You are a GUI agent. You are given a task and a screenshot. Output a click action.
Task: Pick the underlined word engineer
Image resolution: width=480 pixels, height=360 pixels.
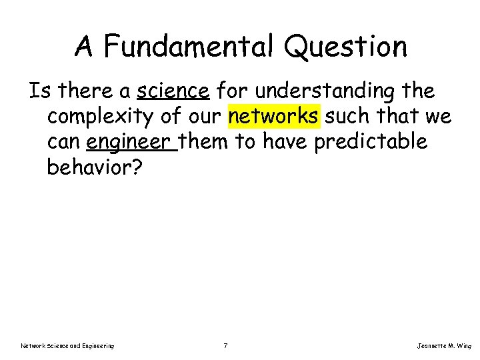[x=131, y=141]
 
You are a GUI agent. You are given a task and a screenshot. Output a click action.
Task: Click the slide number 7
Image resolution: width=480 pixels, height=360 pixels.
[x=227, y=345]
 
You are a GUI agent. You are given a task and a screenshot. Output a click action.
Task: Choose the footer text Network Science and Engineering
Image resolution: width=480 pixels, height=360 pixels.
[x=67, y=345]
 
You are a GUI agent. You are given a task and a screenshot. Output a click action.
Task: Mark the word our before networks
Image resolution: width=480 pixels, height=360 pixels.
[x=203, y=117]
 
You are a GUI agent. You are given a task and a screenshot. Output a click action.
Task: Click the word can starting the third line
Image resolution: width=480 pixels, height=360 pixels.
[x=63, y=141]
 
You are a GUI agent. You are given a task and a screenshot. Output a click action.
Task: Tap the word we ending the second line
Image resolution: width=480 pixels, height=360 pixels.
[x=439, y=117]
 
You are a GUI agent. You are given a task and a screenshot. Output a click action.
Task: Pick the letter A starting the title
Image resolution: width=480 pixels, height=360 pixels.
[x=83, y=46]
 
